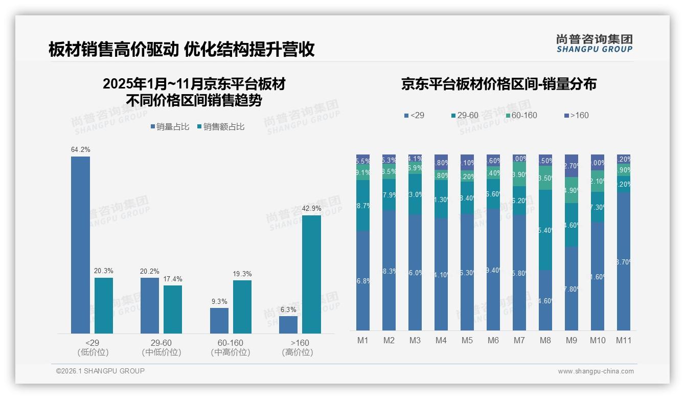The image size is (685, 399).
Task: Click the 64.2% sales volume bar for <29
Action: tap(80, 245)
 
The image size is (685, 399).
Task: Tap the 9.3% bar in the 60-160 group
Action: tap(219, 321)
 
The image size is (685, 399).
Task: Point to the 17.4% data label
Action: tap(173, 279)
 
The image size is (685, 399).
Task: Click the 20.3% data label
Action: tap(104, 271)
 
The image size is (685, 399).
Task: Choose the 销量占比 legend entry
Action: tap(171, 127)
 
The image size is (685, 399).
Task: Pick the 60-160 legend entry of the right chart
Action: tap(521, 116)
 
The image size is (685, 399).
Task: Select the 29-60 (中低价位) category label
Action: tap(161, 347)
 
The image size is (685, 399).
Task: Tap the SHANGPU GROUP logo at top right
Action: tap(594, 43)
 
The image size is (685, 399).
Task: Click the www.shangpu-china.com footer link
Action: tap(596, 371)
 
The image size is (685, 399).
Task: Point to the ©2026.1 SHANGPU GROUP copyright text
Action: tap(100, 371)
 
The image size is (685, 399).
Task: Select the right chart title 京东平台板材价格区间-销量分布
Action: tap(498, 84)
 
